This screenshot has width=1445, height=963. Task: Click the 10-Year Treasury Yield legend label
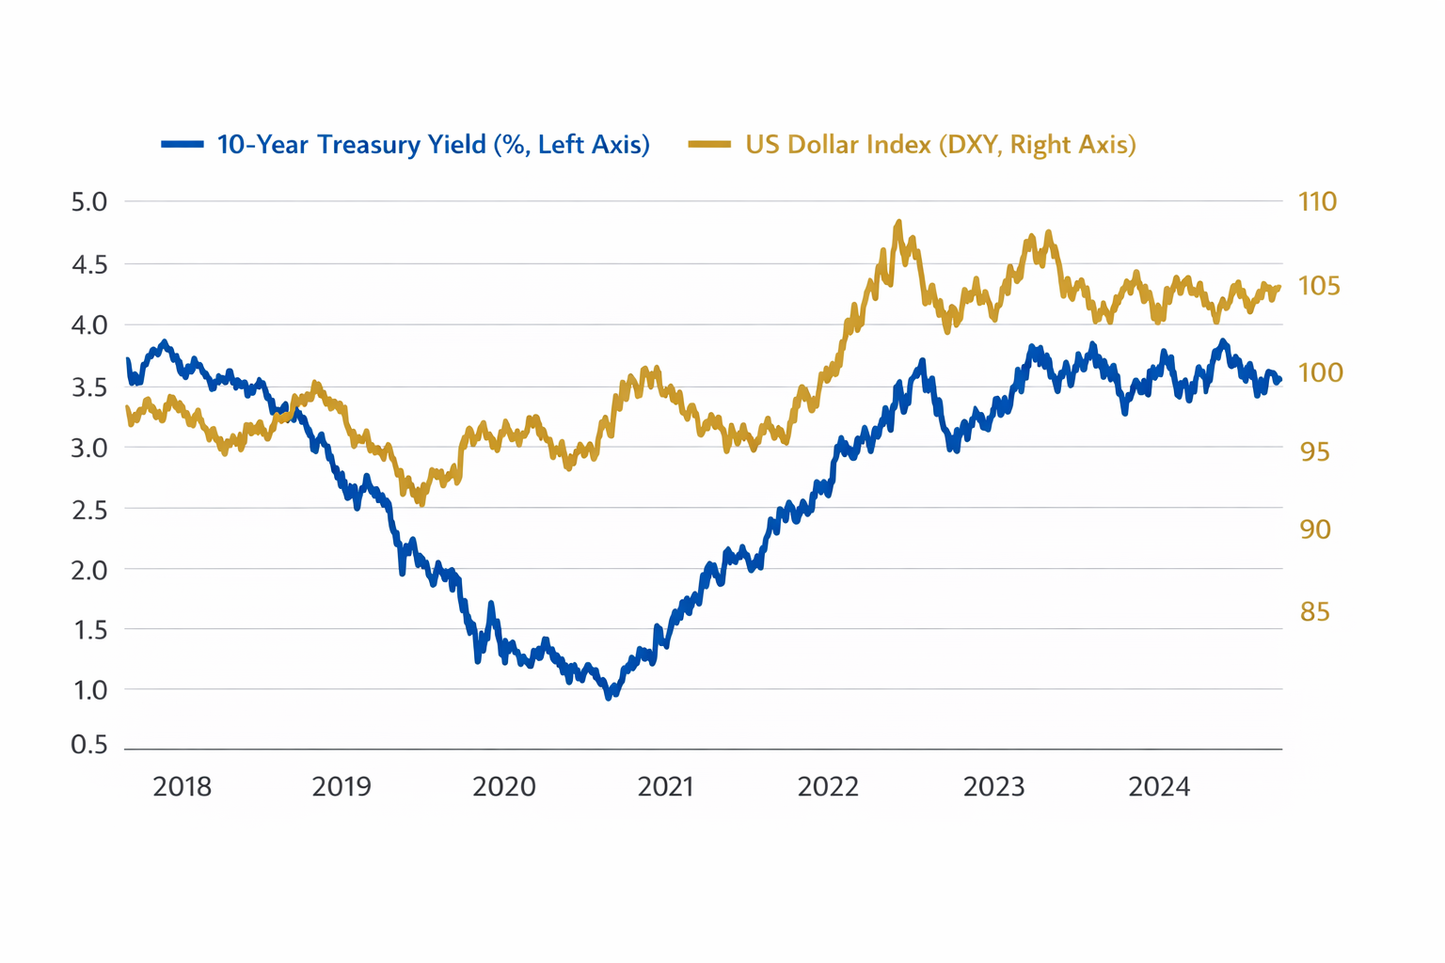433,145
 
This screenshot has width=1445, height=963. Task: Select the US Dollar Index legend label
941,145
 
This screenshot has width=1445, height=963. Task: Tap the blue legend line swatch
183,145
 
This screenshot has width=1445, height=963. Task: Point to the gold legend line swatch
709,145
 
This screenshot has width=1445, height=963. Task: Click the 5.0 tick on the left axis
89,202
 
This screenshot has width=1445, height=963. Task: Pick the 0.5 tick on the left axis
89,745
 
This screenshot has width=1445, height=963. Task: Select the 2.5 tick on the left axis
89,510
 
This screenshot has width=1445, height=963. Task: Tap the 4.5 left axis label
89,265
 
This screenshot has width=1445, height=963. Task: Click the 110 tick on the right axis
1317,202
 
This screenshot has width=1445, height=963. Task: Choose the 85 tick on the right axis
1314,612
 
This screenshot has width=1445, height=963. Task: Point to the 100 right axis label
1320,372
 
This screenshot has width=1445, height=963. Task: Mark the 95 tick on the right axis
1314,452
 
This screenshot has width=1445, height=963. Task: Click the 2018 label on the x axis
182,787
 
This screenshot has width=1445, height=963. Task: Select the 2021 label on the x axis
665,787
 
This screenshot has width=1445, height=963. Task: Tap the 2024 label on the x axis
1159,787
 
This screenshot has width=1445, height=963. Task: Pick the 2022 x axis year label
828,787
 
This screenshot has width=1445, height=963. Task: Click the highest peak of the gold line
898,223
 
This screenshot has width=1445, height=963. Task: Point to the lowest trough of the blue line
610,697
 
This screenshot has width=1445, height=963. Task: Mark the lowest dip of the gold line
421,503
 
